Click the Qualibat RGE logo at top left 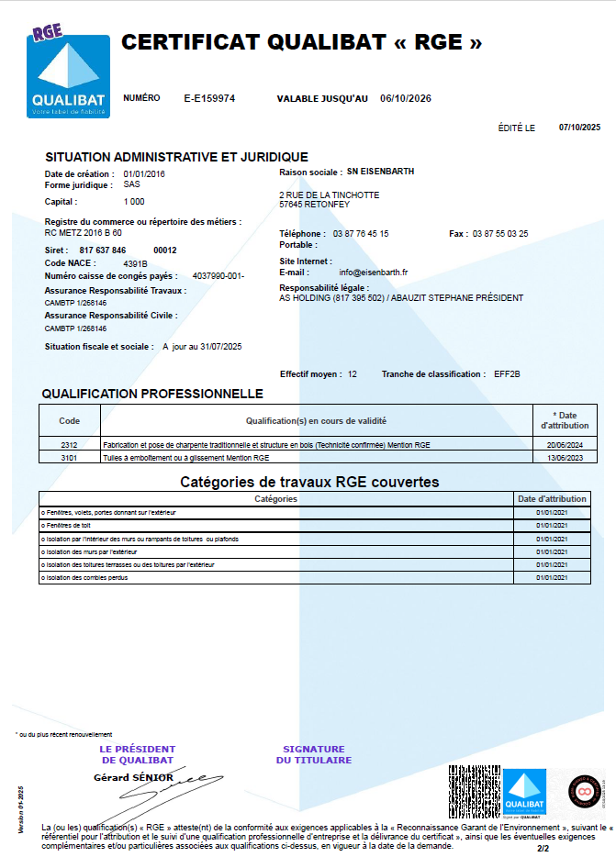68,72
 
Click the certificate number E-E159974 209,98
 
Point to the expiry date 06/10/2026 406,98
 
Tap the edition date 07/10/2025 578,128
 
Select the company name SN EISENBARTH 380,172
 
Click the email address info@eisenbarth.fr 373,273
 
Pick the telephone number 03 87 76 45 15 361,234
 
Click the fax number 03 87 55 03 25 500,234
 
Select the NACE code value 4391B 135,262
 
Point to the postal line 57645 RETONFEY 314,205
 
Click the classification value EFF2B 507,374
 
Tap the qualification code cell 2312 70,444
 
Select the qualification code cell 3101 70,456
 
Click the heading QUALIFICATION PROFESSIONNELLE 152,395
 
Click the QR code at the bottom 473,791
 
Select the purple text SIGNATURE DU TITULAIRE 314,754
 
